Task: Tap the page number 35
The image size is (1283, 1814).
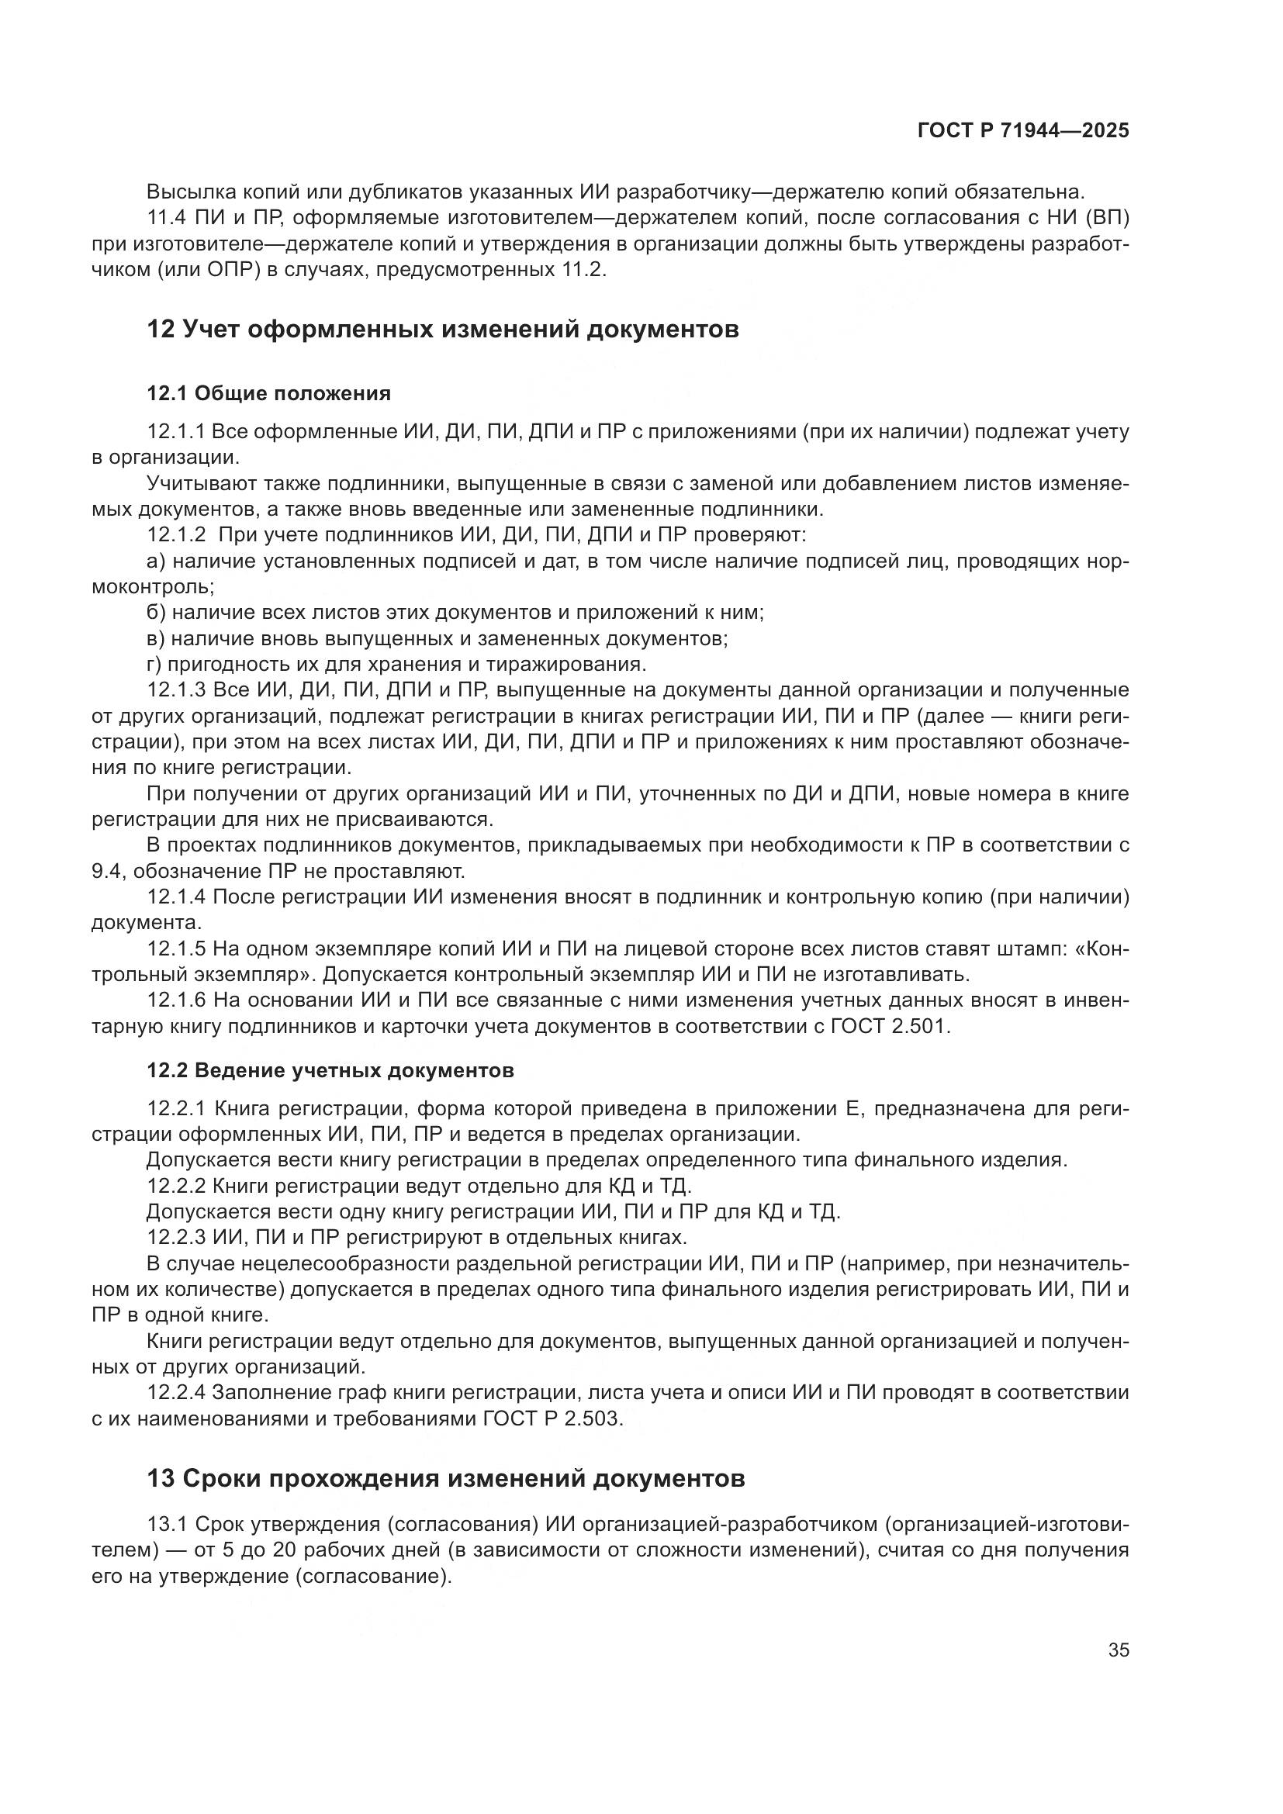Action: [1118, 1650]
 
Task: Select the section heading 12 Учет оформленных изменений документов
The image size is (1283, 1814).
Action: [442, 329]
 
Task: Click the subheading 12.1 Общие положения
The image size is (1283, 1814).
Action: [268, 393]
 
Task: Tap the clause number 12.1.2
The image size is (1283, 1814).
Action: [176, 535]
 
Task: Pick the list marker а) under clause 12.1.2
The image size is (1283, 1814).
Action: [157, 561]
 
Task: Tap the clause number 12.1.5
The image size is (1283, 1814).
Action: [176, 948]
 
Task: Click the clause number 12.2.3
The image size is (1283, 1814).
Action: [176, 1237]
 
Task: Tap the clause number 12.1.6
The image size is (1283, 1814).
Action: [176, 1000]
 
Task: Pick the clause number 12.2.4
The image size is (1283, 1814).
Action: [176, 1392]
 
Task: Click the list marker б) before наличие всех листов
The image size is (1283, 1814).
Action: [157, 613]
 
